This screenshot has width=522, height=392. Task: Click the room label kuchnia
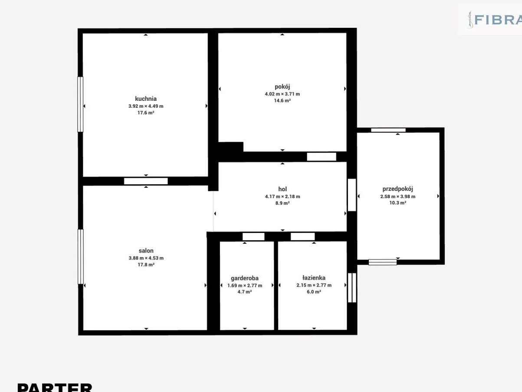pos(146,99)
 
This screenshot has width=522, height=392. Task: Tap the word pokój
pos(282,86)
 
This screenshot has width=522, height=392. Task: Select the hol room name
pos(282,189)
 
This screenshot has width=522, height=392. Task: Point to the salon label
pos(146,250)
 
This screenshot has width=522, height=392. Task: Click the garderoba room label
pos(245,278)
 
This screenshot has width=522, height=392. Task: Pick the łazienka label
pos(314,278)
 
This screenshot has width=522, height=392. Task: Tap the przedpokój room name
pos(397,189)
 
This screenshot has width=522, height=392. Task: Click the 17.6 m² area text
pos(146,113)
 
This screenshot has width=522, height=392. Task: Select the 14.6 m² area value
pos(282,100)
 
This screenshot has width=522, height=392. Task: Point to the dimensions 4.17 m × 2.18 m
pos(282,197)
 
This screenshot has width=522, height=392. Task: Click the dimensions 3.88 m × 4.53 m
pos(146,258)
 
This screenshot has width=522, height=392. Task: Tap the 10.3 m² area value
pos(397,203)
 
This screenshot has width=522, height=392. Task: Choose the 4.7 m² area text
pos(245,292)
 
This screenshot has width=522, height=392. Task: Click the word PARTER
pos(55,387)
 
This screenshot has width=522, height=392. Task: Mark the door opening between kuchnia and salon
pos(146,181)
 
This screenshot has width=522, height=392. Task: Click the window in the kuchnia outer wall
pos(80,104)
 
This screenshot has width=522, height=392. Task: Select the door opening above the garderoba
pos(253,237)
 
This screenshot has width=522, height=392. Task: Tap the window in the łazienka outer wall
pos(352,288)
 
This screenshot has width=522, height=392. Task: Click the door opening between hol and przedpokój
pos(352,195)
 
